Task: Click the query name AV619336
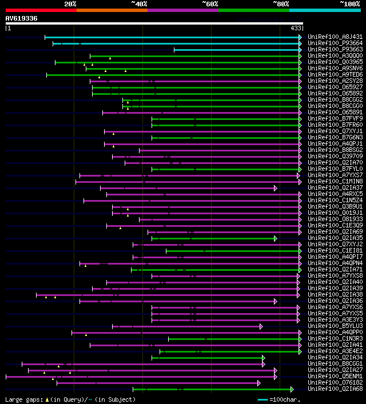pyautogui.click(x=22, y=18)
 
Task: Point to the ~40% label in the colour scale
pyautogui.click(x=139, y=4)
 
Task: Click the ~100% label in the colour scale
pyautogui.click(x=350, y=4)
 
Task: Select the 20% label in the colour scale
pyautogui.click(x=70, y=4)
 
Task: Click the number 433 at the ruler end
pyautogui.click(x=296, y=28)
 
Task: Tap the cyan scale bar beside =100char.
pyautogui.click(x=263, y=399)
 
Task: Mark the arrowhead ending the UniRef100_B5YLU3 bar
pyautogui.click(x=261, y=326)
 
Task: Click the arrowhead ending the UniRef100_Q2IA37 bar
pyautogui.click(x=276, y=188)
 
